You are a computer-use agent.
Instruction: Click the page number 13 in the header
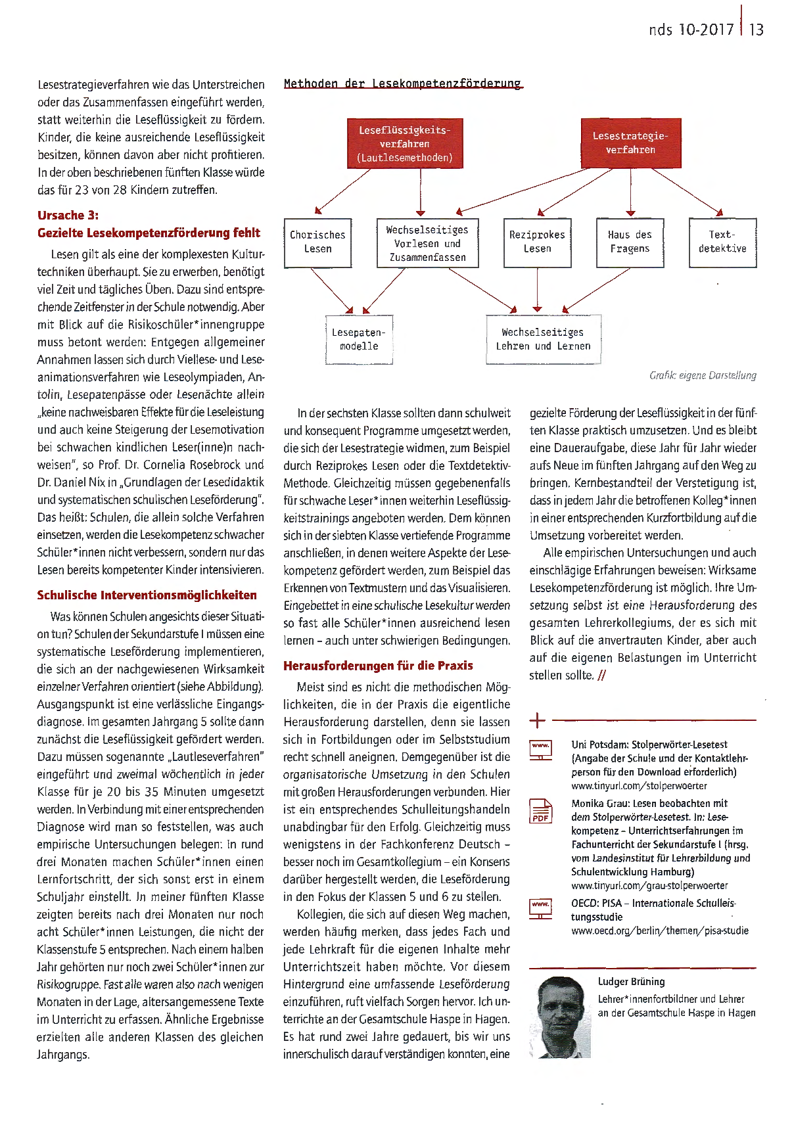756,30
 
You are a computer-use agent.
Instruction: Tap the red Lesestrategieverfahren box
630,143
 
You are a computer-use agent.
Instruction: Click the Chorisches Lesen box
317,242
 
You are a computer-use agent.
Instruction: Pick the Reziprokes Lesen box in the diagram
537,242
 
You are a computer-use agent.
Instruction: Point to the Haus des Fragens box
630,242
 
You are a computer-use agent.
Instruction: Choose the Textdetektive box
722,242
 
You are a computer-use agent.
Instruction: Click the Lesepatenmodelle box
359,340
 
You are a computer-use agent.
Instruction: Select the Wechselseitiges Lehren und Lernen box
543,340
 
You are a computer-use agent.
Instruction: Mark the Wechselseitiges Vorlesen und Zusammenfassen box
427,243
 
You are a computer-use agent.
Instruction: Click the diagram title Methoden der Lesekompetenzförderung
402,83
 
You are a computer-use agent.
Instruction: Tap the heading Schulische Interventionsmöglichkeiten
147,595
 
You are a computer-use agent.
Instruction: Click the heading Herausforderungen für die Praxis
378,666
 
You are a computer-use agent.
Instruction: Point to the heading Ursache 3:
68,216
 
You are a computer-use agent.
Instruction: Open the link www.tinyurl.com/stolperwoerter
639,786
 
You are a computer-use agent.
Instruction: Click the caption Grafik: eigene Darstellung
702,375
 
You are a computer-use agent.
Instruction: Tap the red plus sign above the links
537,720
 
